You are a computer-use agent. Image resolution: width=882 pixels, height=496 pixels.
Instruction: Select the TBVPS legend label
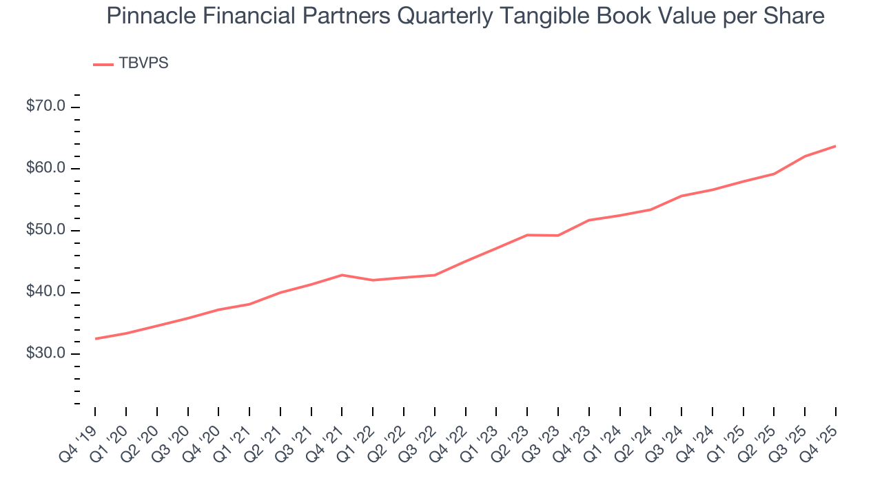coord(143,63)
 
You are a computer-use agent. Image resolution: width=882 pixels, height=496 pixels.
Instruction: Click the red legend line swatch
coord(103,64)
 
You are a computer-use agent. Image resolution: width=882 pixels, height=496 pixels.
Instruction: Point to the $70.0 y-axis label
coord(46,107)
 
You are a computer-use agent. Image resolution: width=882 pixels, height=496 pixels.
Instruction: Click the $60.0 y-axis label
coord(46,169)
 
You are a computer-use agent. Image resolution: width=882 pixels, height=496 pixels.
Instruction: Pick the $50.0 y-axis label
coord(46,230)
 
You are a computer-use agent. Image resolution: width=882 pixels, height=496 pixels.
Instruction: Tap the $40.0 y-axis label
coord(46,292)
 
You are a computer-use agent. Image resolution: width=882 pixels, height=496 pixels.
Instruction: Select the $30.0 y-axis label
coord(46,354)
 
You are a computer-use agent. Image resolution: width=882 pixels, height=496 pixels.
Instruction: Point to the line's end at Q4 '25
coord(836,146)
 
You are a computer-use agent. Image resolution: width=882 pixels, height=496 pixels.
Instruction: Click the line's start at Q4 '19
coord(95,339)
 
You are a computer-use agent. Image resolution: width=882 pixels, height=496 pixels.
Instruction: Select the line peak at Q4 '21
coord(342,275)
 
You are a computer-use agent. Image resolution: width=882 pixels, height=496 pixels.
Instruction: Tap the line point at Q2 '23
coord(527,235)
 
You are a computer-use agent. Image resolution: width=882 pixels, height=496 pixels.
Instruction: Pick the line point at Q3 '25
coord(805,156)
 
